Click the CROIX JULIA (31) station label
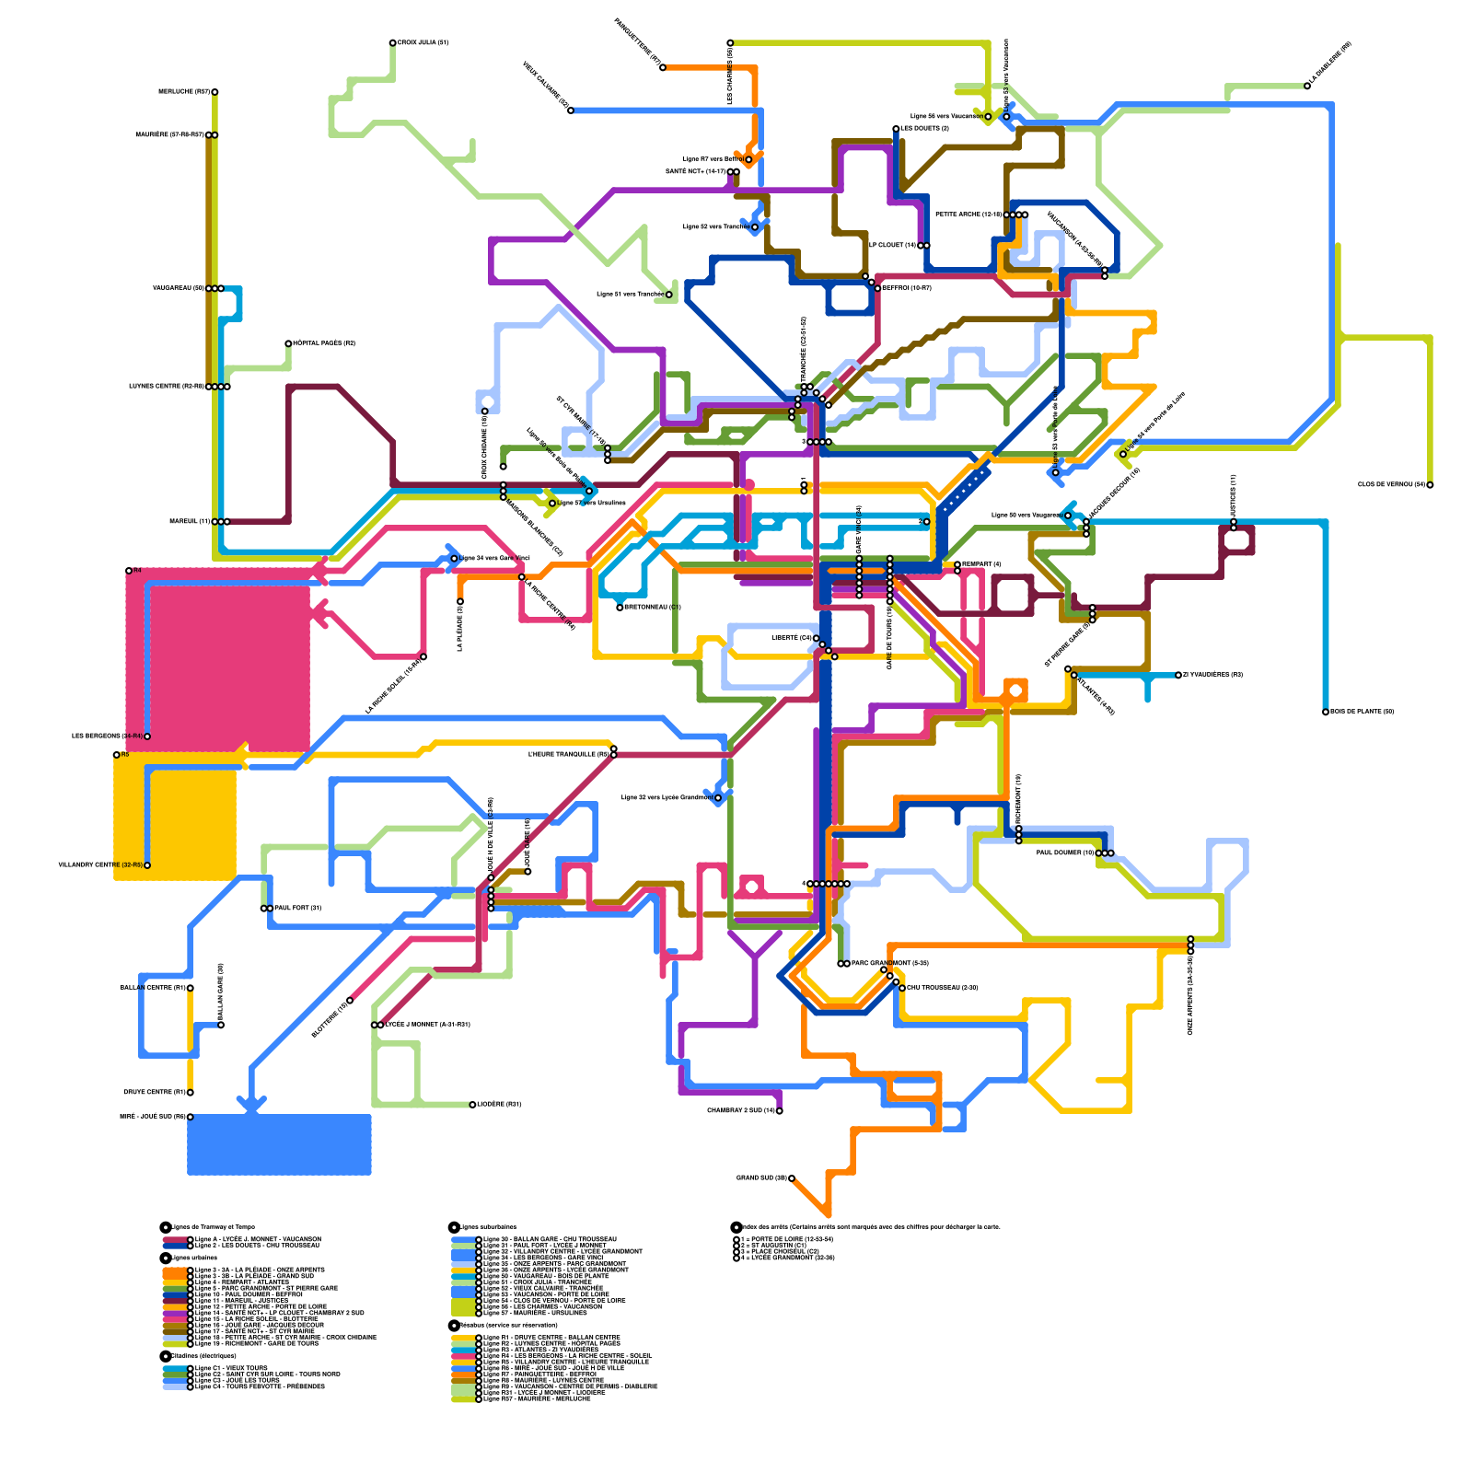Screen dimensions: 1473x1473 pyautogui.click(x=423, y=43)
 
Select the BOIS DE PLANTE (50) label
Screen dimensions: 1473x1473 pyautogui.click(x=1362, y=712)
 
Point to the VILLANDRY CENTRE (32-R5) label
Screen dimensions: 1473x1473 pyautogui.click(x=100, y=865)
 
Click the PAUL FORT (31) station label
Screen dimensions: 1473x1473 pyautogui.click(x=297, y=909)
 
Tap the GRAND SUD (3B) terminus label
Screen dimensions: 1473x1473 pyautogui.click(x=760, y=1178)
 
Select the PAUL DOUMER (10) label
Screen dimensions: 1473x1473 pyautogui.click(x=1065, y=853)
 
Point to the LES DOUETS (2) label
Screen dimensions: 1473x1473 pyautogui.click(x=924, y=129)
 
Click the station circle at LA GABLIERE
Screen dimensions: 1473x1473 pyautogui.click(x=1307, y=86)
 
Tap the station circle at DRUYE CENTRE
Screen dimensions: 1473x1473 pyautogui.click(x=190, y=1093)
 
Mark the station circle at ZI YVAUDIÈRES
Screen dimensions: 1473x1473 pyautogui.click(x=1178, y=675)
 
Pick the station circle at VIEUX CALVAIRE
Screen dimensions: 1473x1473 pyautogui.click(x=571, y=110)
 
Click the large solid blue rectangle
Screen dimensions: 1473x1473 pyautogui.click(x=279, y=1144)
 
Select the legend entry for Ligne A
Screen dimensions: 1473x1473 pyautogui.click(x=258, y=1240)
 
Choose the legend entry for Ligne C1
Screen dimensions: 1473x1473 pyautogui.click(x=230, y=1368)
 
